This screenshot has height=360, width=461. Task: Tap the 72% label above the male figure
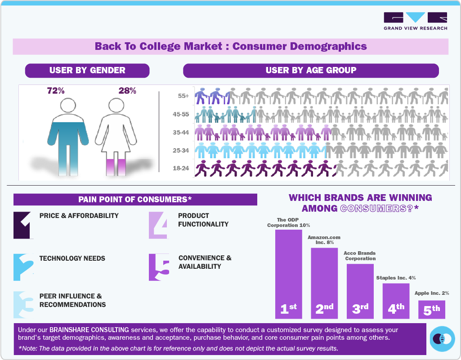[56, 91]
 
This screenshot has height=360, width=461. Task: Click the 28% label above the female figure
[127, 91]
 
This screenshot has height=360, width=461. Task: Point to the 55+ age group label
[184, 96]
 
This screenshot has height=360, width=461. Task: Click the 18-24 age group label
[182, 169]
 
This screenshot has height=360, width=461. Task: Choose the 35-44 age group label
[182, 132]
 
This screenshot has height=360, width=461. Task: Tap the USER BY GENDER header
[87, 71]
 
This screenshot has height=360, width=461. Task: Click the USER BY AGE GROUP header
[311, 71]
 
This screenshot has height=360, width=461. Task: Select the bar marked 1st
[288, 274]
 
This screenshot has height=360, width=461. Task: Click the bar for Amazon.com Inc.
[324, 283]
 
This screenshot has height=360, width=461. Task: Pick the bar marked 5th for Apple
[431, 310]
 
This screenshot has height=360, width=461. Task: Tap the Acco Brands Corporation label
[360, 256]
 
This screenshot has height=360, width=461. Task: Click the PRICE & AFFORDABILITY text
[79, 216]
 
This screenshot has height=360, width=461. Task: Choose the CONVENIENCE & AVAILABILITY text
[205, 262]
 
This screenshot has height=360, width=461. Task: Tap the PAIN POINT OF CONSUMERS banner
[135, 200]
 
